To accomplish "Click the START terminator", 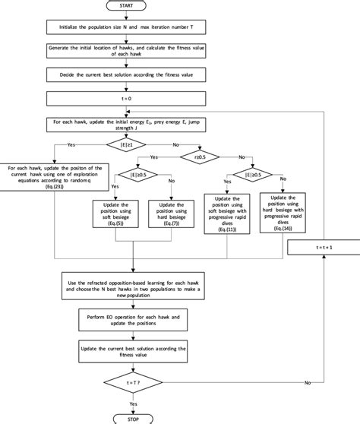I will click(131, 6).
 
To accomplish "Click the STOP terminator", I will click(131, 417).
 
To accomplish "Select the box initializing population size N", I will click(131, 27).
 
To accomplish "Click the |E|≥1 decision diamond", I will click(131, 144).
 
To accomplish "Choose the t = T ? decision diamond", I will click(131, 381).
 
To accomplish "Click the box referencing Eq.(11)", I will click(229, 214).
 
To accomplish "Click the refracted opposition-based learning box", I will click(131, 289).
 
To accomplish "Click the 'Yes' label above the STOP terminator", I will click(134, 402).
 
